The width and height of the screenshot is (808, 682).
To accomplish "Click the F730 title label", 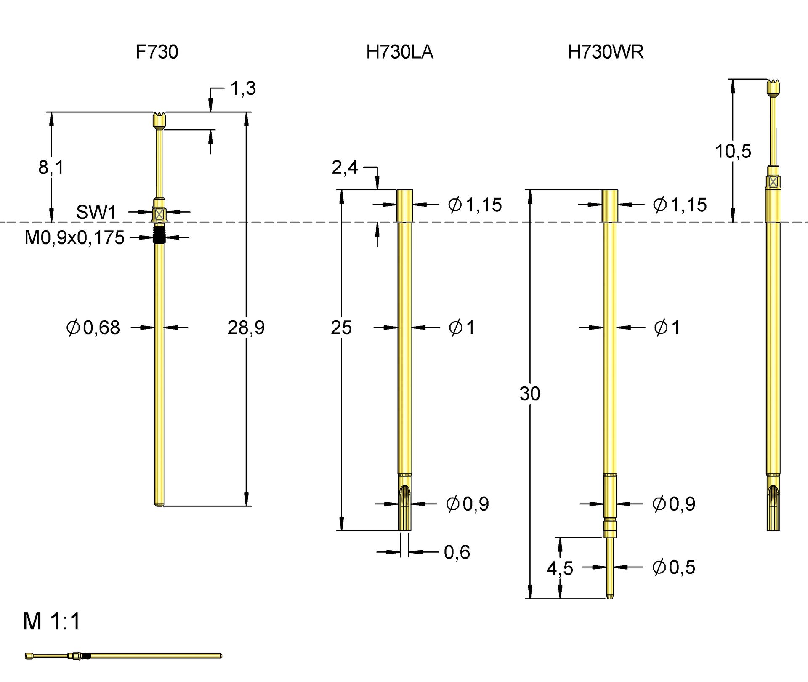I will [x=157, y=52].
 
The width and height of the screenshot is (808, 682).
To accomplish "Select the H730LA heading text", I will [x=399, y=52].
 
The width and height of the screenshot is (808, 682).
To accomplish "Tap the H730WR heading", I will [x=605, y=52].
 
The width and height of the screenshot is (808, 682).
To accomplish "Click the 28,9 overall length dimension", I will [x=246, y=328].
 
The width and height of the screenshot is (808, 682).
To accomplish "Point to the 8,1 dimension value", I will [x=51, y=168].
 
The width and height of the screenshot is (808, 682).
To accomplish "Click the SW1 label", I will [x=96, y=213].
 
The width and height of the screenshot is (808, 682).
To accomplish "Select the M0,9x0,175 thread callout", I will [x=74, y=238].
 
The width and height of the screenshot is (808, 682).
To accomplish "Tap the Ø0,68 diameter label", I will [x=93, y=328].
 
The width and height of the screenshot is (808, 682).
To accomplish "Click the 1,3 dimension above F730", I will [x=243, y=88].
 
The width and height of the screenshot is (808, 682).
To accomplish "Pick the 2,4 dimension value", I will [x=344, y=168].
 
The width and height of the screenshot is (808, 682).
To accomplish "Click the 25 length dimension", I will [x=341, y=328].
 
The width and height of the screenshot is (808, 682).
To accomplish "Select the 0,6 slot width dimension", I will [x=457, y=552].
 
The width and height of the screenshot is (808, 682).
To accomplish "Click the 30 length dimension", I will [x=529, y=394].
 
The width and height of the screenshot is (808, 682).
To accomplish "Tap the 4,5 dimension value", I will [x=560, y=568].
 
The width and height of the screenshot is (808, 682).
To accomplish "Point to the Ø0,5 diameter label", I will [x=673, y=567].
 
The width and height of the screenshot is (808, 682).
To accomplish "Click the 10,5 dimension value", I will [x=733, y=151].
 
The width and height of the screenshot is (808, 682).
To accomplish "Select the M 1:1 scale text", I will [x=51, y=621].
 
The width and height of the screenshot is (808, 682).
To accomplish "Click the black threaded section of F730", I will [x=159, y=237].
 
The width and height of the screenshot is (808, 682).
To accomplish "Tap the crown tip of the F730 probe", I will [x=159, y=120].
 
